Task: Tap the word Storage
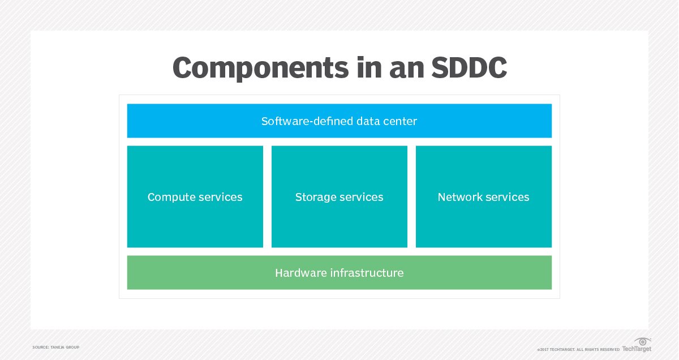314,198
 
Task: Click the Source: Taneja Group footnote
56,346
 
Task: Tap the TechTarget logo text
637,349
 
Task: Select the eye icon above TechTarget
642,341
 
